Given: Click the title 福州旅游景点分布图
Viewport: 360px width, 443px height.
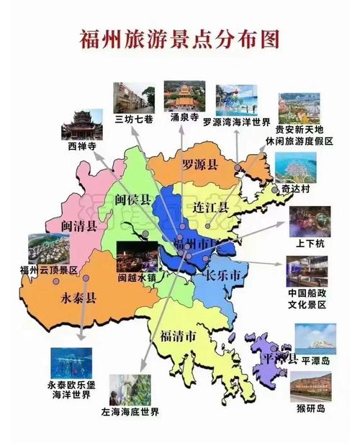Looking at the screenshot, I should point(179,38).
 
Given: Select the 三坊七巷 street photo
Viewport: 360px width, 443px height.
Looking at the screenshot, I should point(134,98).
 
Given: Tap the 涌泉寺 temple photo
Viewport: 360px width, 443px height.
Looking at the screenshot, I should point(184,95).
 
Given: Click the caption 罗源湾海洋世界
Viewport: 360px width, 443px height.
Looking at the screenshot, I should point(236,122).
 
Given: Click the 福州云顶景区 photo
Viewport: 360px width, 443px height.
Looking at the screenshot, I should point(48,249).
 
